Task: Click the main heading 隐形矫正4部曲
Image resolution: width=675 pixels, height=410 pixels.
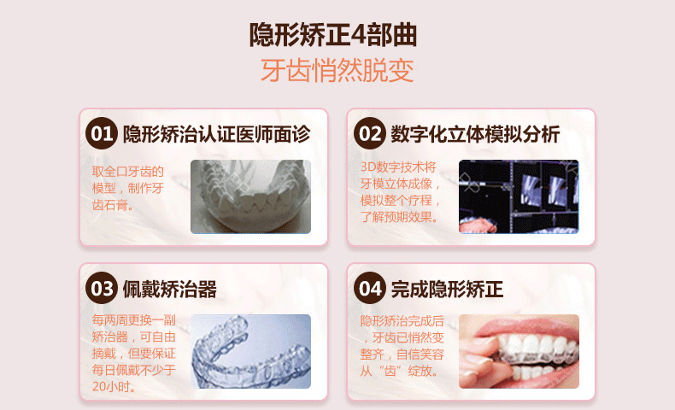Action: (x=332, y=34)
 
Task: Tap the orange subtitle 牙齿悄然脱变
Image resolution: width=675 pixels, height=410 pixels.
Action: (x=337, y=70)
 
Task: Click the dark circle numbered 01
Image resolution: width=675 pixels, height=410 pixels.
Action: (x=102, y=133)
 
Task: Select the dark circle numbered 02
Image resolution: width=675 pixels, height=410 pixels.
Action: (x=370, y=133)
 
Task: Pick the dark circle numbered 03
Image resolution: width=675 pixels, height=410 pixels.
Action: (x=102, y=288)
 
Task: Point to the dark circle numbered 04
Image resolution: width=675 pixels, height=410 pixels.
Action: (x=370, y=288)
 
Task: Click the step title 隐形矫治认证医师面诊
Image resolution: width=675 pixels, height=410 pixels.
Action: (x=216, y=134)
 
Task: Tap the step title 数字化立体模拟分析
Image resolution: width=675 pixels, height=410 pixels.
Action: (x=475, y=134)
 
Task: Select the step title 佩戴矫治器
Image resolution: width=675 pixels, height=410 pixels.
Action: (x=170, y=289)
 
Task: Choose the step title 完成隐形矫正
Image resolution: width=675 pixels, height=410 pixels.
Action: (x=447, y=289)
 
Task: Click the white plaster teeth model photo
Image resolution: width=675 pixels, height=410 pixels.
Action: (x=250, y=196)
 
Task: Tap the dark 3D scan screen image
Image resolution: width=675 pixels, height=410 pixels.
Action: (x=519, y=196)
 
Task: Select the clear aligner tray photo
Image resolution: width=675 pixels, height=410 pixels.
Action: (x=250, y=352)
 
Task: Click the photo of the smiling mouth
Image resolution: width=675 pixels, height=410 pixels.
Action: (x=519, y=352)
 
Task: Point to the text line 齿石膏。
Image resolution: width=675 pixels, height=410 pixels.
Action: (x=113, y=205)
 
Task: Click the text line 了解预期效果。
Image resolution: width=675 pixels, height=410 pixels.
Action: (x=400, y=217)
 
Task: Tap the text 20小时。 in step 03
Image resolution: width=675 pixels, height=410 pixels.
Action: (x=114, y=387)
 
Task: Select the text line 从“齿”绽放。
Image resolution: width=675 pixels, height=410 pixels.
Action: (x=399, y=371)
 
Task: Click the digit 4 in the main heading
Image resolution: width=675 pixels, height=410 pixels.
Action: (x=358, y=35)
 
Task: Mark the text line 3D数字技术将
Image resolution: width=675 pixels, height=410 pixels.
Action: (x=398, y=167)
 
